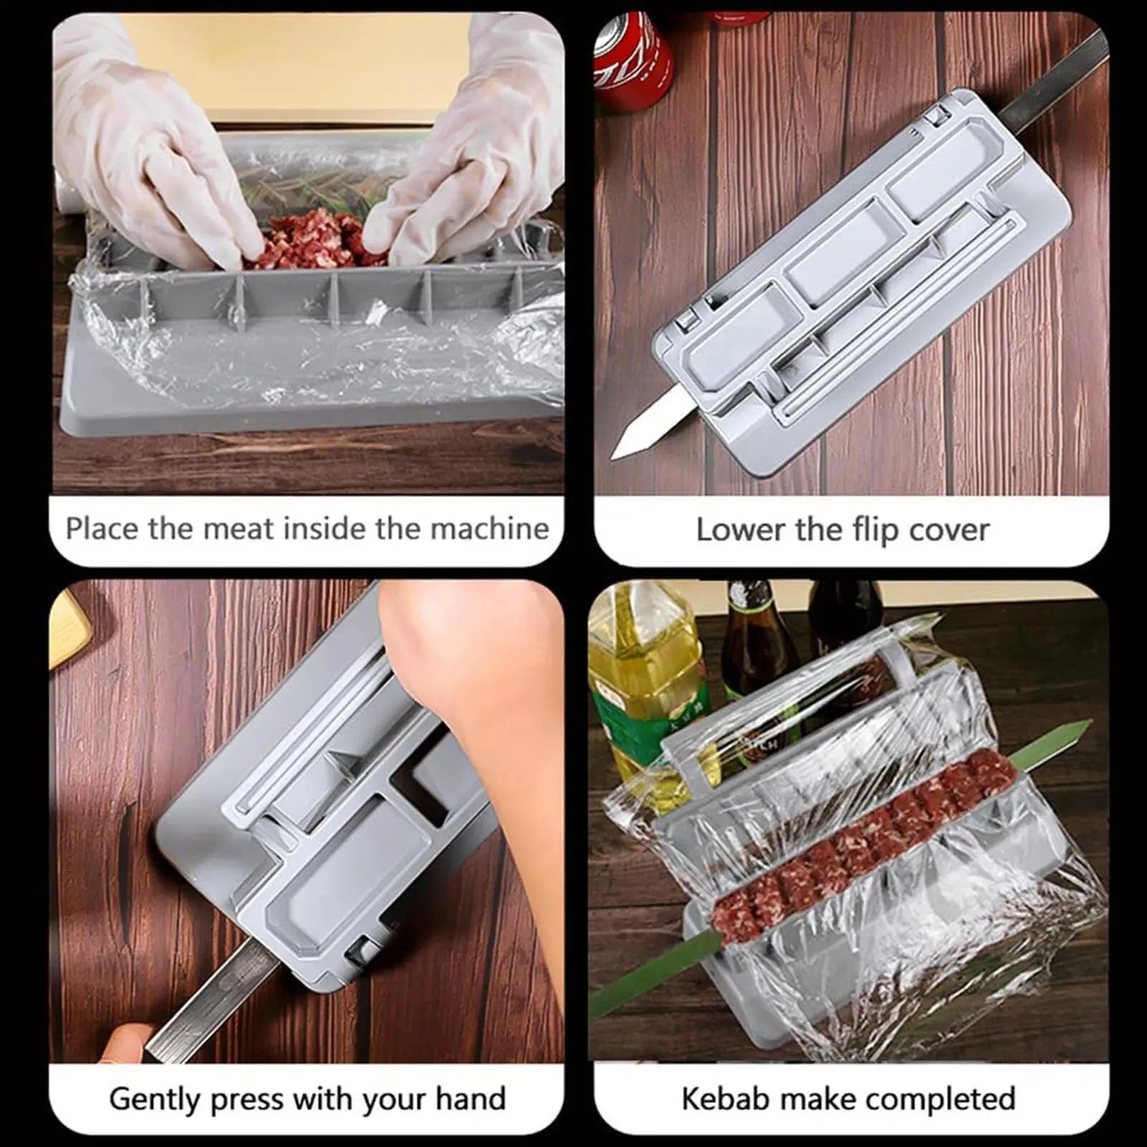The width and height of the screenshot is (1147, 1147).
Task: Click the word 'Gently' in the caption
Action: click(x=153, y=1099)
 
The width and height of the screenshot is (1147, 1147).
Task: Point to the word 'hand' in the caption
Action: click(x=470, y=1099)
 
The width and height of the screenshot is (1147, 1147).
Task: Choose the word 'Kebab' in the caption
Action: click(x=725, y=1099)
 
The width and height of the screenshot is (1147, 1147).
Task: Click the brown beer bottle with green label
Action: click(x=753, y=645)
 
